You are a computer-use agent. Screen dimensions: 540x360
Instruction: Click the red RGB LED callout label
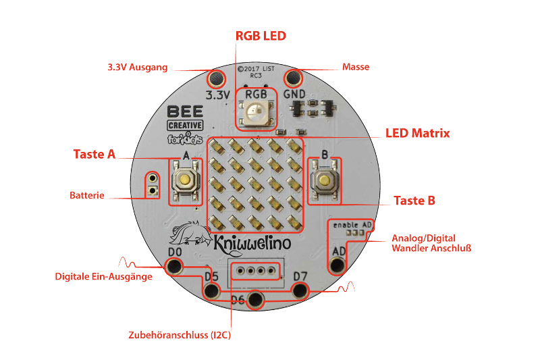click(x=261, y=36)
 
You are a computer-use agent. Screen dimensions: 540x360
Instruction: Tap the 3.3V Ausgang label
click(x=138, y=67)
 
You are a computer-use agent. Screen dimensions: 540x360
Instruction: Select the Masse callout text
click(x=356, y=67)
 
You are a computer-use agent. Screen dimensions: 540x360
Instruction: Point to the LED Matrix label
click(x=417, y=133)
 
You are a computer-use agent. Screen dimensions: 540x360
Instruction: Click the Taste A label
click(x=94, y=154)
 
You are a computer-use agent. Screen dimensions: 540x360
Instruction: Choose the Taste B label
click(x=414, y=201)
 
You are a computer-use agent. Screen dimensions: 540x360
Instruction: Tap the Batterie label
click(x=87, y=195)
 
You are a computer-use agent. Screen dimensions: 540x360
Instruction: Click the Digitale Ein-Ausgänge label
click(x=104, y=277)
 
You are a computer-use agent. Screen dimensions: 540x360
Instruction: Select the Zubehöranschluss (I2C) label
click(x=180, y=335)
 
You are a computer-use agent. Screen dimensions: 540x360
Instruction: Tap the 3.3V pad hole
click(x=216, y=78)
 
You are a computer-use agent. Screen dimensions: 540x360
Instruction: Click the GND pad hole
click(x=293, y=78)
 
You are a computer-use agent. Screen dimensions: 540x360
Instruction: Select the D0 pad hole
click(x=174, y=266)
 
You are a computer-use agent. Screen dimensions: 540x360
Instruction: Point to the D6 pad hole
click(x=255, y=299)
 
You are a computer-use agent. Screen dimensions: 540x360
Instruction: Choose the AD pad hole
click(x=337, y=265)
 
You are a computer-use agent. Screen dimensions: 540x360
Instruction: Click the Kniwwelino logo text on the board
click(x=252, y=244)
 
